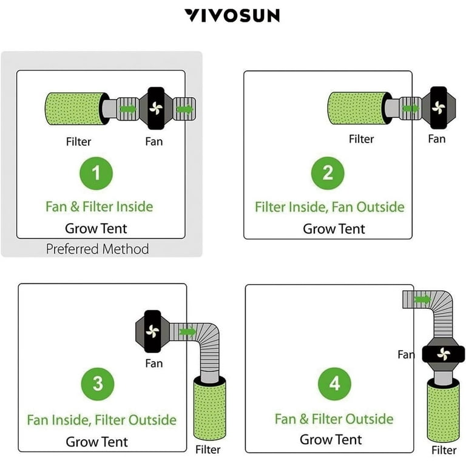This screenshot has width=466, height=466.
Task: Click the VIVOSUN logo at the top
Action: [x=232, y=15]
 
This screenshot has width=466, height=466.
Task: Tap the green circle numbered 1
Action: [x=96, y=173]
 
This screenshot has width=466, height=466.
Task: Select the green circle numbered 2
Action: [x=328, y=173]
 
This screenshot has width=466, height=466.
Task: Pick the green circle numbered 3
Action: [x=97, y=383]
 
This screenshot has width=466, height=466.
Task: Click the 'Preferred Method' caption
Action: [x=97, y=249]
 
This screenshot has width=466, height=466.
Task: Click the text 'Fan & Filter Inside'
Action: [x=99, y=206]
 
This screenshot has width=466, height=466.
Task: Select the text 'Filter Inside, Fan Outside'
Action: [x=329, y=207]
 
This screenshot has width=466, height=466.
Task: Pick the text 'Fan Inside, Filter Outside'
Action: [x=101, y=420]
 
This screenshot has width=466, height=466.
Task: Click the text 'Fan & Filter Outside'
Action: [x=334, y=419]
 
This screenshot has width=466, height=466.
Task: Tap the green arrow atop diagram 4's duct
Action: [x=420, y=299]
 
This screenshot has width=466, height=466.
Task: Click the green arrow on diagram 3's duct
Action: [x=187, y=332]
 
